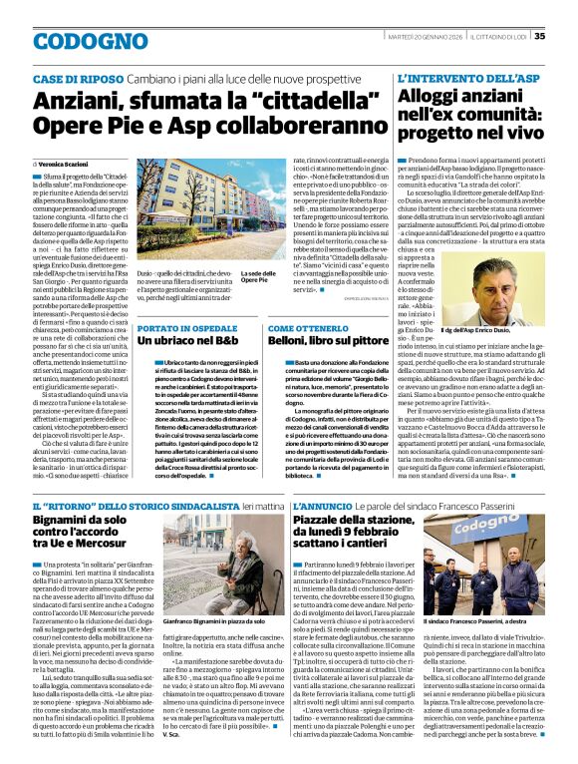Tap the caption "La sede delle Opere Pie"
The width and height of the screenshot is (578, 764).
258,276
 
